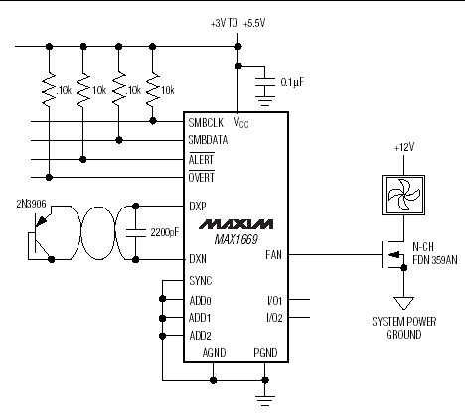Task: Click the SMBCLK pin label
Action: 206,123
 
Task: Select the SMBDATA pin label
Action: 208,140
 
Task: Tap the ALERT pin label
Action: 201,160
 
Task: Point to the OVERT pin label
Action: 202,177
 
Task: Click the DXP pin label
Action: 198,207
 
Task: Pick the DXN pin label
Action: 198,258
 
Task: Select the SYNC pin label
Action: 201,281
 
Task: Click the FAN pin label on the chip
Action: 273,255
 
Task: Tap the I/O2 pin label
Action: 274,318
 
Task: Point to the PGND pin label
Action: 265,353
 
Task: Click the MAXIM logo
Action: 235,224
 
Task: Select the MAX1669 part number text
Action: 235,239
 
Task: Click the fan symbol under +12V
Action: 403,195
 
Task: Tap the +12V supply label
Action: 404,147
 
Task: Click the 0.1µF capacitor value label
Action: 292,82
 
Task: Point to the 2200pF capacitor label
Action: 165,232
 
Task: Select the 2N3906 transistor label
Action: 31,204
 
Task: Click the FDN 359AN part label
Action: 435,260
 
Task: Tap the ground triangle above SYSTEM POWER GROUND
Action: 403,303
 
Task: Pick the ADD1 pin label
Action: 200,318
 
